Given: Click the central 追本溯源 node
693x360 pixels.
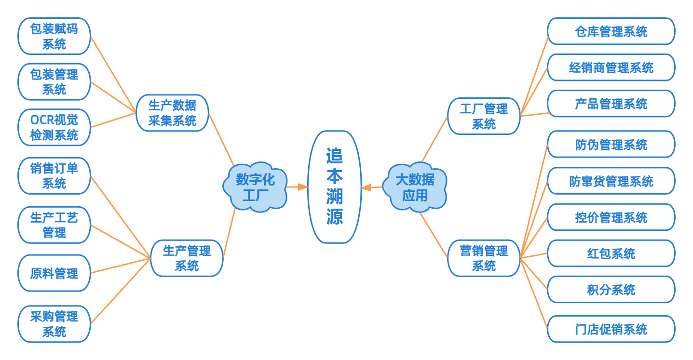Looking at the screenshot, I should tap(334, 187).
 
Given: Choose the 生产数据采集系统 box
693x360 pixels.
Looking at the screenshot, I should tap(172, 113).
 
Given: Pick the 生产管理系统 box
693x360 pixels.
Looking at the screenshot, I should tap(187, 258).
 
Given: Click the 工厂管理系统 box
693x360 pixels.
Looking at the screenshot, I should tap(484, 116).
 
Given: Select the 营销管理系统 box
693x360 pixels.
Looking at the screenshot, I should tap(484, 258).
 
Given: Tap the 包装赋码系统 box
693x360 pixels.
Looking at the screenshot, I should tap(54, 36).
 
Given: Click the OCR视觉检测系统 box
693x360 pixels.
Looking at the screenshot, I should tap(54, 127).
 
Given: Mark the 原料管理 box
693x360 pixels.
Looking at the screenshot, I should tap(54, 273).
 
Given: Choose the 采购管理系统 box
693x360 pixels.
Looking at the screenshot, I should tap(54, 324).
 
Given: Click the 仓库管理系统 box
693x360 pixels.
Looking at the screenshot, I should tap(611, 32).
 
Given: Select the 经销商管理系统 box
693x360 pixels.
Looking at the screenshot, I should tap(611, 67).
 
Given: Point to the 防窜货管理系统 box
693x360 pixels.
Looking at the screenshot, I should tap(611, 181).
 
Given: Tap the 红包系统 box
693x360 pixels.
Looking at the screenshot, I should tap(611, 253).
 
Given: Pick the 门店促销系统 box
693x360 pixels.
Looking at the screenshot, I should tap(611, 329).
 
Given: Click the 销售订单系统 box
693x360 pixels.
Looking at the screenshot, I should tap(54, 175).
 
